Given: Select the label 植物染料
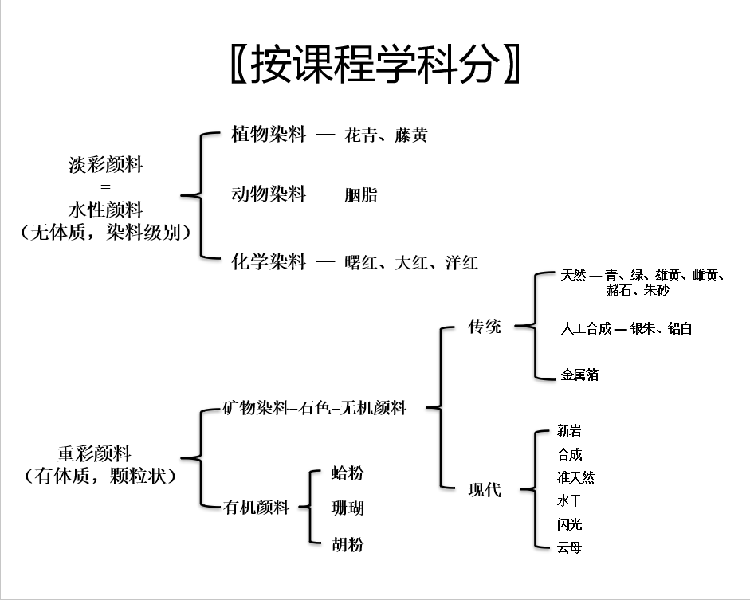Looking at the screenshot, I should click(269, 134).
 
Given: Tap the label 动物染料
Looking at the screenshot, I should click(269, 194).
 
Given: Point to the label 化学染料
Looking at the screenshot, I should click(269, 261).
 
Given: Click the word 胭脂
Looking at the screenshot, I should click(361, 194).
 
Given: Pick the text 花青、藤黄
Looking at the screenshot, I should click(386, 135).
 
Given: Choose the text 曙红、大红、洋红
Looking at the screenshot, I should click(411, 262).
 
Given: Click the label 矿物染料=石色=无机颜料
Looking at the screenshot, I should click(315, 408).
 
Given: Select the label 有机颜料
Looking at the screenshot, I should click(256, 506).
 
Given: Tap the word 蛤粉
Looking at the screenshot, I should click(347, 473).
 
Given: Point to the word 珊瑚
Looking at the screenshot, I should click(347, 508).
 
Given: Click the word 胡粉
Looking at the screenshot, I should click(347, 544).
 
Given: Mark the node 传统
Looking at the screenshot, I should click(484, 326).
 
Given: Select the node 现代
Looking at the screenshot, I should click(484, 489).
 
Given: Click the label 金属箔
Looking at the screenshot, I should click(579, 374).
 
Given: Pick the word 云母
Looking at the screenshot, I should click(569, 547).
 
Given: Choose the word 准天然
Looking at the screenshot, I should click(575, 477).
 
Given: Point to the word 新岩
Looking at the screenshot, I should click(569, 431).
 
